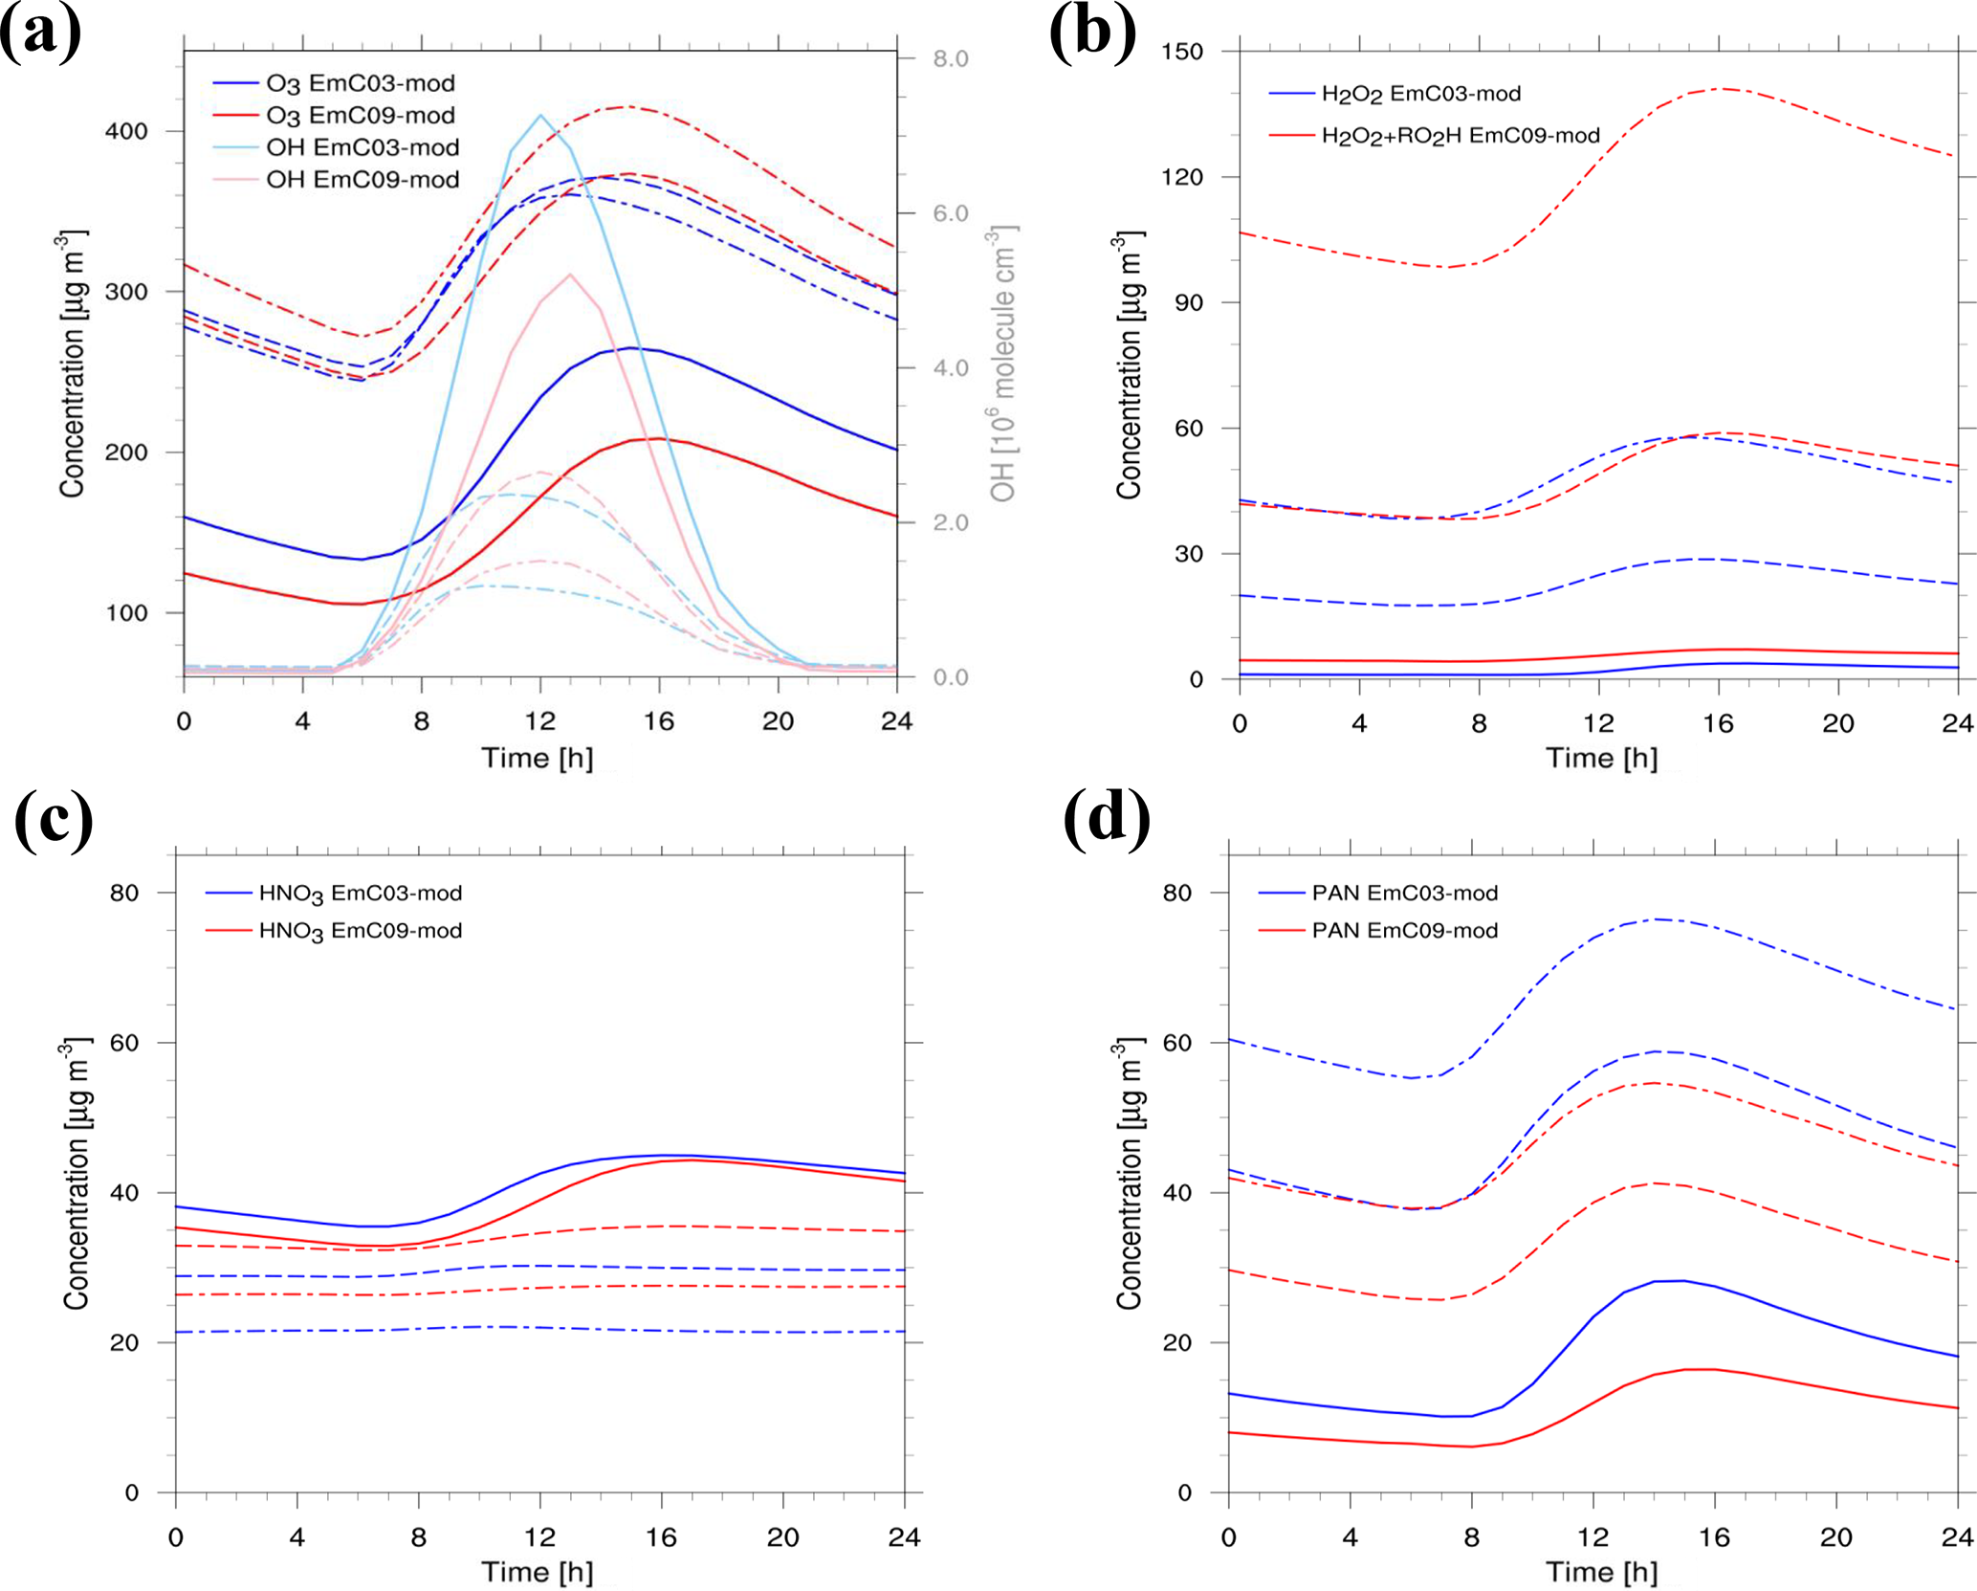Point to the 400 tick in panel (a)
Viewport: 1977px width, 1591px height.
(x=126, y=131)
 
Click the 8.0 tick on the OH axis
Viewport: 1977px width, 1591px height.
(x=951, y=59)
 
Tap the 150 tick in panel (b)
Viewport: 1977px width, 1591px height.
(x=1182, y=52)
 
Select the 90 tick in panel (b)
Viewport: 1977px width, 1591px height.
(x=1189, y=302)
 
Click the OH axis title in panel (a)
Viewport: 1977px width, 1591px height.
(x=1002, y=364)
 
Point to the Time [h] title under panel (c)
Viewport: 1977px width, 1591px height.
(x=537, y=1572)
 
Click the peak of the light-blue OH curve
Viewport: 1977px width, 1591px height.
(x=540, y=115)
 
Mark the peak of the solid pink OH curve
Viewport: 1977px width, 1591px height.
(x=570, y=275)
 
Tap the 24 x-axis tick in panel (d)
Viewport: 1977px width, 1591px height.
(x=1957, y=1536)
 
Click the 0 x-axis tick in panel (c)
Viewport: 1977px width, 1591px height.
(x=176, y=1536)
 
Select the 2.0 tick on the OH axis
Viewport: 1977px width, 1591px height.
(x=951, y=523)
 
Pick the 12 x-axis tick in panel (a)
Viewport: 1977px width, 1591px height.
(x=540, y=721)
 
